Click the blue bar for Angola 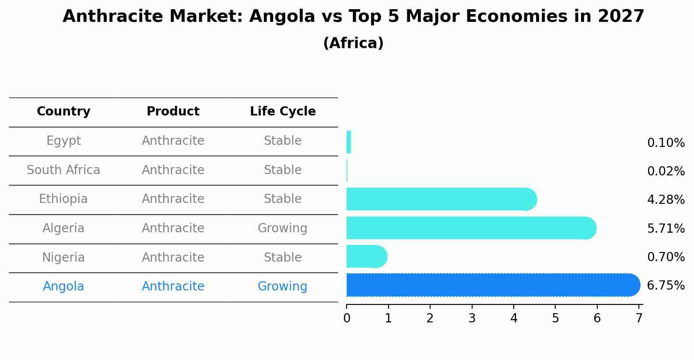tap(492, 285)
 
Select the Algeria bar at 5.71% tap(470, 228)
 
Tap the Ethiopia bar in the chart tap(441, 199)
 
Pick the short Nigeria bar tap(366, 256)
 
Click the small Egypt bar tap(349, 142)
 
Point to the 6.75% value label tap(666, 286)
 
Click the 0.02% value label tap(666, 171)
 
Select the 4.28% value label tap(666, 200)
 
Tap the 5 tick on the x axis tap(555, 318)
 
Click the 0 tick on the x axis tap(347, 318)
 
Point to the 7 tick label tap(639, 318)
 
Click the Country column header tap(63, 112)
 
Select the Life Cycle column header tap(283, 112)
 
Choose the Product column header tap(173, 112)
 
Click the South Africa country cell tap(63, 170)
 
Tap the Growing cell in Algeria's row tap(282, 228)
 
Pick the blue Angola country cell tap(63, 287)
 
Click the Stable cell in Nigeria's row tap(282, 258)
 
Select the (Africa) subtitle tap(353, 43)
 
